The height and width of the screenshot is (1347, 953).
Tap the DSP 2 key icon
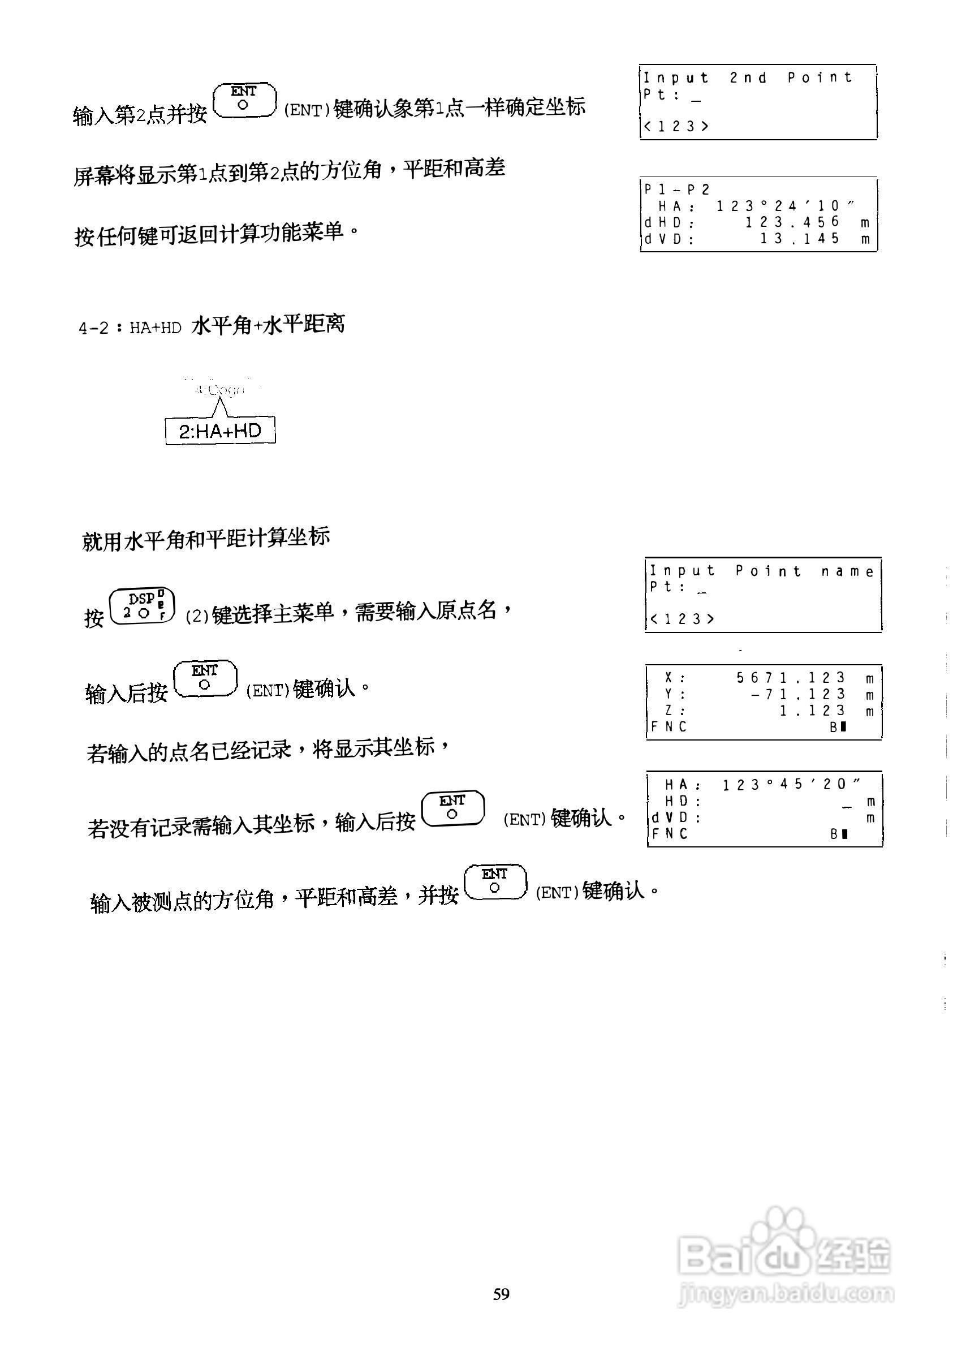click(143, 606)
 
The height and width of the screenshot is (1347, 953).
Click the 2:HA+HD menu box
click(220, 432)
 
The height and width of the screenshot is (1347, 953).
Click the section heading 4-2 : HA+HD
click(130, 328)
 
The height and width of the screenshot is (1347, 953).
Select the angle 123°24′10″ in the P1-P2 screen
click(785, 206)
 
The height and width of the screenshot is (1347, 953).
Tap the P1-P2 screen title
click(677, 190)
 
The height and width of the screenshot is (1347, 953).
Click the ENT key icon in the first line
click(244, 100)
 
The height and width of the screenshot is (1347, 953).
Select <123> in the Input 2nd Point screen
click(676, 126)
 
